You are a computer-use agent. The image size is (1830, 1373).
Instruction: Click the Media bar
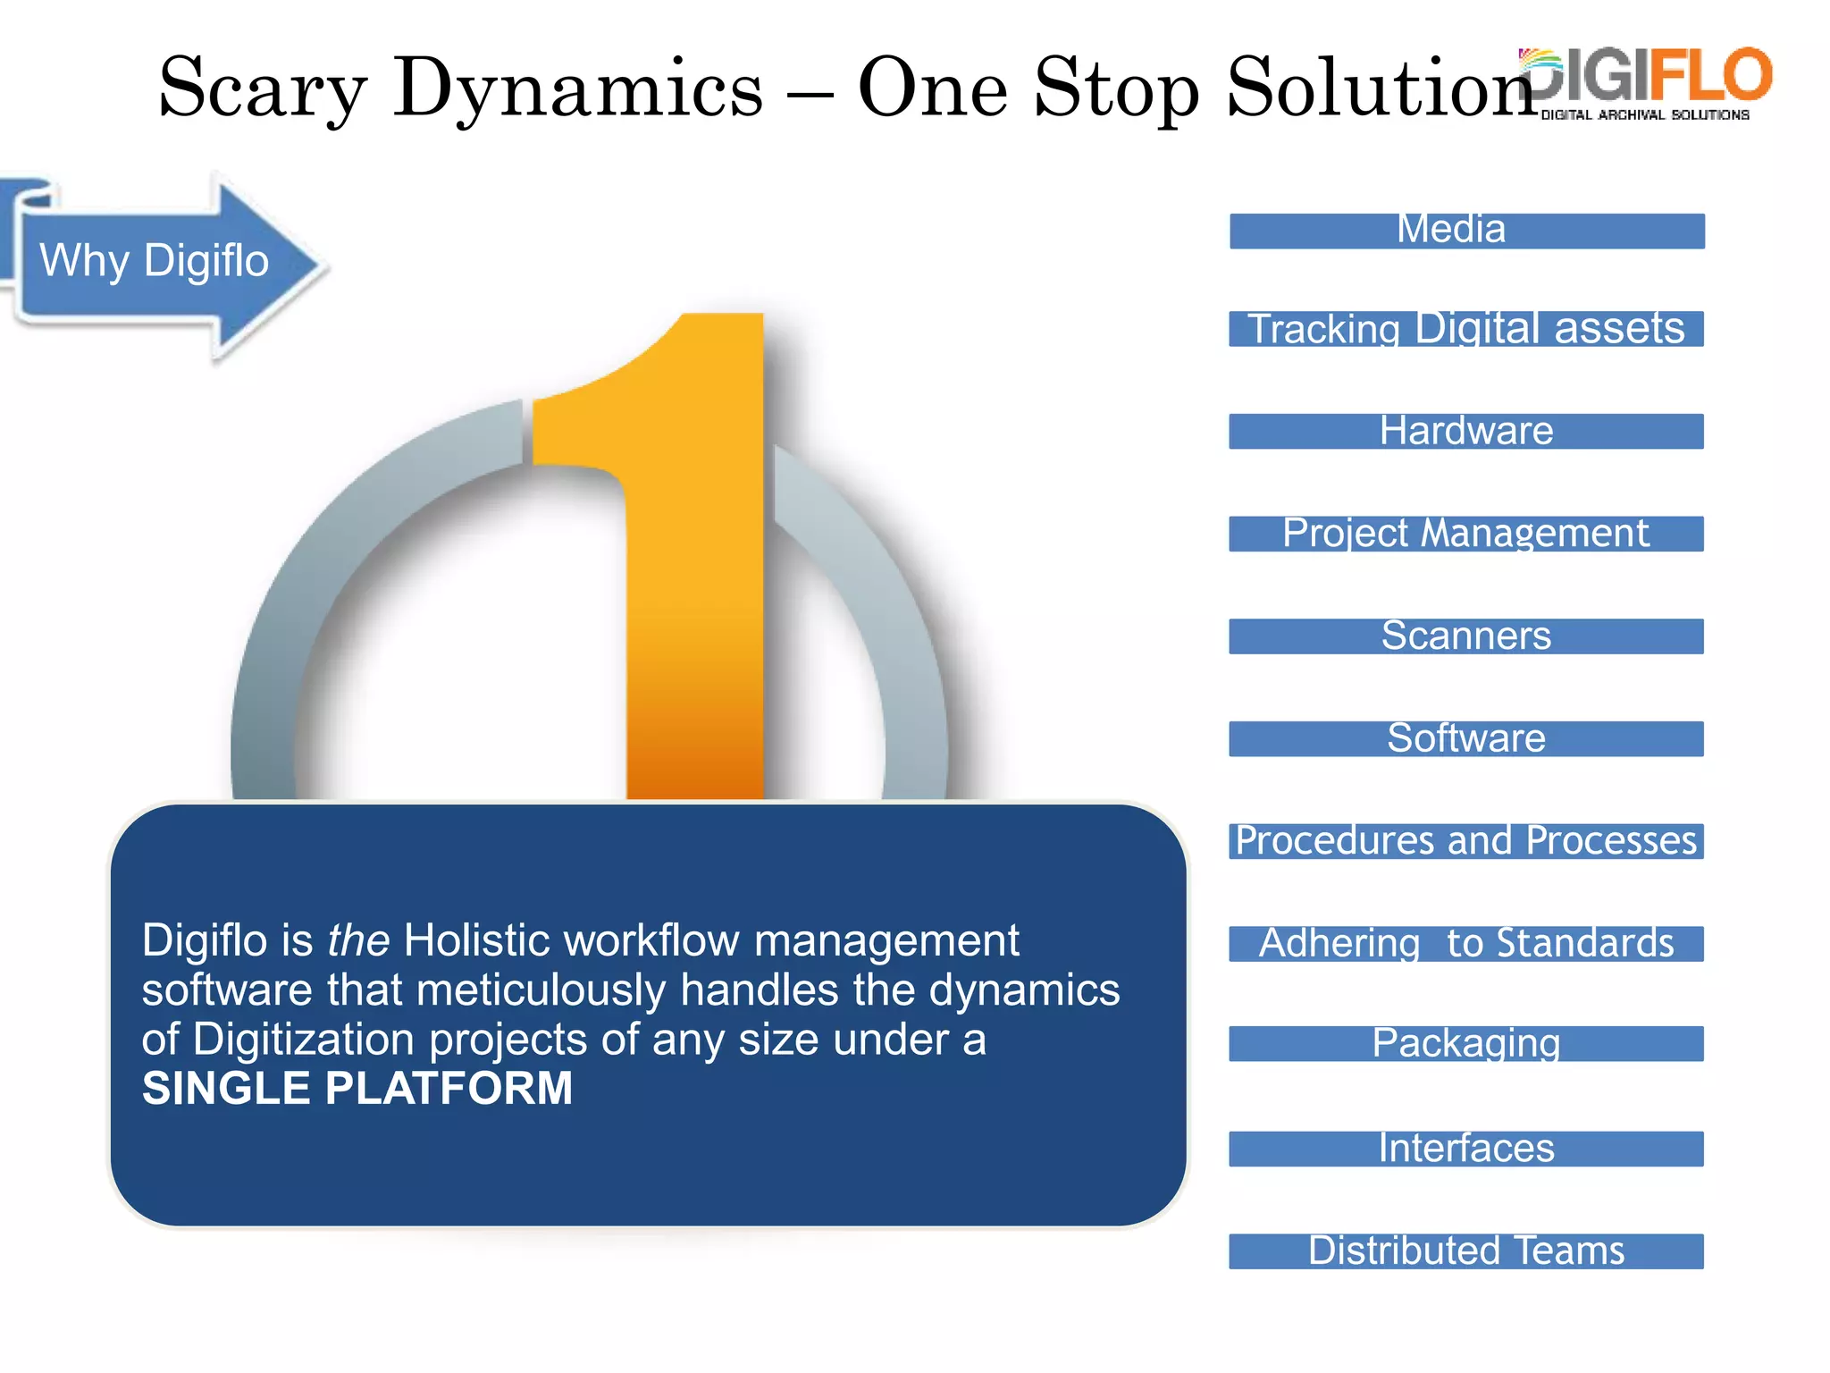coord(1466,231)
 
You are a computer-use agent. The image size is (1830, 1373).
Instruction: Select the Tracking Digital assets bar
coord(1466,328)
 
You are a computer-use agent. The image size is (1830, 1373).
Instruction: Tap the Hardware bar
coord(1466,431)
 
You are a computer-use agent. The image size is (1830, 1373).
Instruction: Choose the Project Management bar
coord(1466,534)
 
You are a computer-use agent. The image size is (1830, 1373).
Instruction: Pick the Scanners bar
coord(1466,636)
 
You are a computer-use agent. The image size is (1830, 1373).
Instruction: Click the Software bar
coord(1466,738)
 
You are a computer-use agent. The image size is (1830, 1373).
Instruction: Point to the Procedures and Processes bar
coord(1466,841)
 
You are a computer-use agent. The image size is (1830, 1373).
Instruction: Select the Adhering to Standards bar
coord(1466,944)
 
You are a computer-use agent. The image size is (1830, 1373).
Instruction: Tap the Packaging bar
coord(1466,1043)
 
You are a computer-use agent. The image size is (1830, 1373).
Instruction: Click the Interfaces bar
coord(1466,1149)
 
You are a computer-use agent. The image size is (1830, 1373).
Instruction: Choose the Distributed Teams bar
coord(1466,1251)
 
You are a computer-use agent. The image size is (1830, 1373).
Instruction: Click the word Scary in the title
coord(262,89)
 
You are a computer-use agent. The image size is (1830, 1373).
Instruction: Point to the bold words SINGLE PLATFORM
coord(357,1089)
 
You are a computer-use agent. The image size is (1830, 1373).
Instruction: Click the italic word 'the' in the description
coord(358,940)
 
